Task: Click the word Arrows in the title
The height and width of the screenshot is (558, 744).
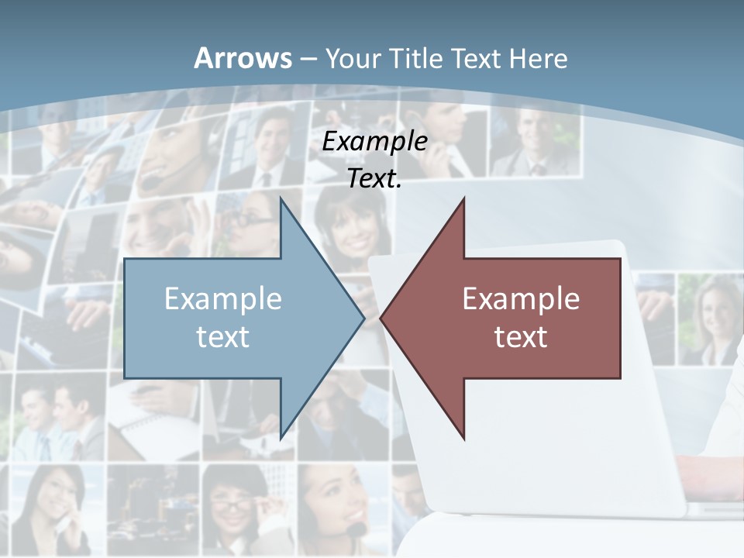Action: (x=243, y=58)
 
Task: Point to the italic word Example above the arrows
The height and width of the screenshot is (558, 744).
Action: (x=374, y=142)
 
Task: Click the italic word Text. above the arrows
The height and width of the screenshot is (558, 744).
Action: (x=374, y=179)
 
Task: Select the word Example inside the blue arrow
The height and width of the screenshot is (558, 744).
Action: (x=222, y=298)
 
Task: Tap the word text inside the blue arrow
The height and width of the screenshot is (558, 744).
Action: (x=222, y=336)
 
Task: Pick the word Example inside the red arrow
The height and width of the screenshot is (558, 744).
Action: (x=521, y=298)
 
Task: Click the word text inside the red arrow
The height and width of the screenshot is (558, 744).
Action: (x=521, y=336)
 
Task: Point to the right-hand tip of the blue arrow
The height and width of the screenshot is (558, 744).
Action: (x=364, y=318)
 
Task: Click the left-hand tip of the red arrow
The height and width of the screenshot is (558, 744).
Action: (x=381, y=318)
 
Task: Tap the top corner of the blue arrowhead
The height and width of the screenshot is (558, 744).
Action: (x=281, y=197)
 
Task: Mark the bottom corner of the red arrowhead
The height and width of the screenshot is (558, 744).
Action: (x=463, y=439)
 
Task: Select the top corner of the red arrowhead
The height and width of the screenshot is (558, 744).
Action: (x=463, y=197)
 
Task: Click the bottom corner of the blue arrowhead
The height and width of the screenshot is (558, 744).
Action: (x=281, y=439)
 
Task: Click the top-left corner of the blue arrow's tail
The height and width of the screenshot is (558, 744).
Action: (x=125, y=259)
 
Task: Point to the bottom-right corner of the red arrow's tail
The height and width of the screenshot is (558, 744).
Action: (x=620, y=378)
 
